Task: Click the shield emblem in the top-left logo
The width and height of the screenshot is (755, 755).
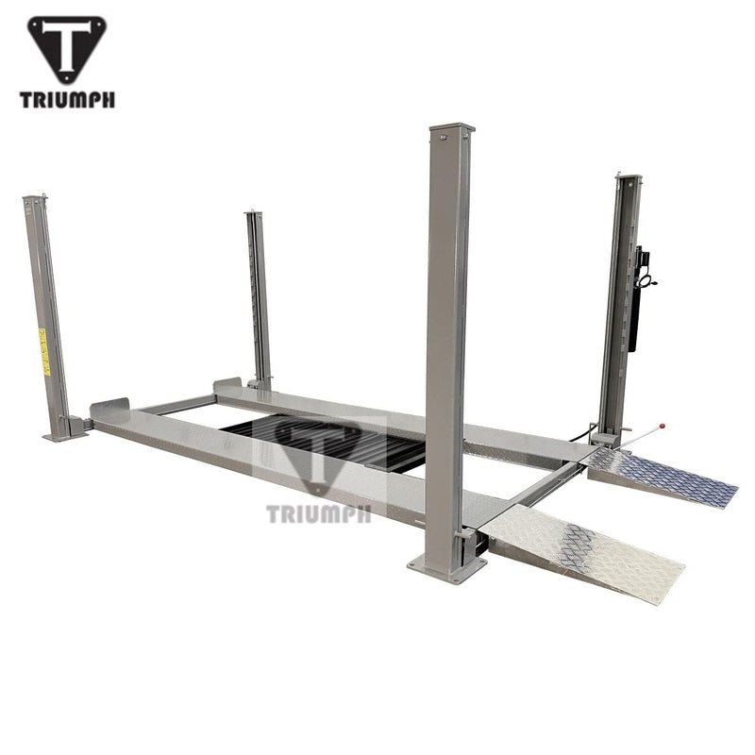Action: coord(67,48)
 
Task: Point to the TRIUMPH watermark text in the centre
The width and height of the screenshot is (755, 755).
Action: coord(319,514)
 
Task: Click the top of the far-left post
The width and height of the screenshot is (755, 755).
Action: coord(35,199)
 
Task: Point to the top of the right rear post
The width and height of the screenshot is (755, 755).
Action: coord(629,177)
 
